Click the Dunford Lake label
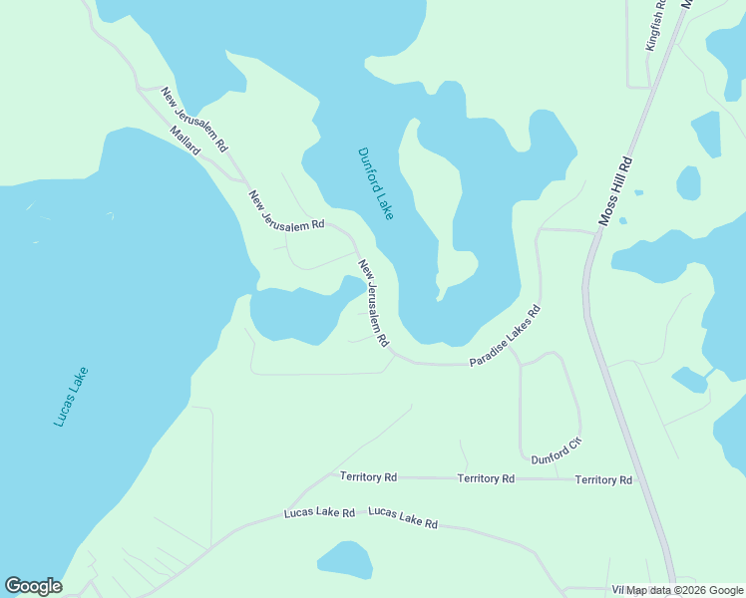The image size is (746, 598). click(x=376, y=183)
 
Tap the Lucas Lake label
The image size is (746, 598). click(x=71, y=398)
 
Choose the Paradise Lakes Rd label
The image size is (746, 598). click(x=505, y=336)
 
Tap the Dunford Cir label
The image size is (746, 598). click(x=556, y=451)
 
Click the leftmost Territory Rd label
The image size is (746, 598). click(x=368, y=477)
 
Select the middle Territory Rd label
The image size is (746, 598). click(x=486, y=478)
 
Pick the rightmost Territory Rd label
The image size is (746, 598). click(x=603, y=479)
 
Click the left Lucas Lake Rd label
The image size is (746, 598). click(x=319, y=513)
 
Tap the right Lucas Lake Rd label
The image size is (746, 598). click(x=403, y=517)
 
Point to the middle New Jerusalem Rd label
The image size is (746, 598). click(x=287, y=211)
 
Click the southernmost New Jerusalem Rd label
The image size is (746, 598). click(x=373, y=303)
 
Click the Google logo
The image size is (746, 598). click(x=33, y=586)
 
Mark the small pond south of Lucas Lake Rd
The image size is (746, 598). click(x=345, y=559)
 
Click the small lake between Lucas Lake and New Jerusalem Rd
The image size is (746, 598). click(x=299, y=312)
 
